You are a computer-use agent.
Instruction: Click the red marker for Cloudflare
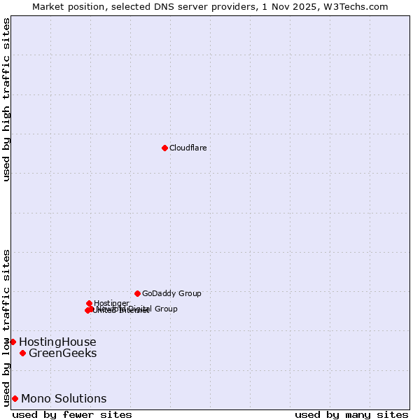click(164, 148)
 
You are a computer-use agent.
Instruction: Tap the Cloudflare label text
click(188, 148)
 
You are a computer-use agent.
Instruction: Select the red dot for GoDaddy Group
click(137, 293)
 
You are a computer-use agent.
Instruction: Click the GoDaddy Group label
click(171, 293)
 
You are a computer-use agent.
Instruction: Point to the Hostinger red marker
click(89, 303)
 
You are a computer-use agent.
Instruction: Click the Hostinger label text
click(111, 303)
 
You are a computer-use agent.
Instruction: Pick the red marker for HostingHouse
click(13, 342)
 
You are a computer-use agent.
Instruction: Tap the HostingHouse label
click(57, 342)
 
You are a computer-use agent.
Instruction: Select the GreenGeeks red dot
click(22, 353)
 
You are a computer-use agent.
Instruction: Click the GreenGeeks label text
click(62, 353)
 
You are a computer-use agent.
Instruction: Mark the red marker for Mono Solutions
click(15, 398)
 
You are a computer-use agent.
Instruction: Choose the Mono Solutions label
click(64, 398)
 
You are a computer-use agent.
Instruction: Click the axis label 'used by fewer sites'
click(72, 414)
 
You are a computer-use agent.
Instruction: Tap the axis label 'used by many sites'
click(351, 414)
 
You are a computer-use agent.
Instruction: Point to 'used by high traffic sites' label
click(6, 99)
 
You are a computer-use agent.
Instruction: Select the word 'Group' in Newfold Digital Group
click(166, 309)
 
